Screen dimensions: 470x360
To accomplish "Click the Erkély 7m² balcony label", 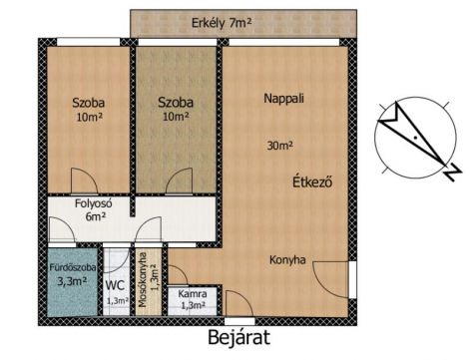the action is click(222, 23).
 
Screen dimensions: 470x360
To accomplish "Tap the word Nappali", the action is click(283, 99).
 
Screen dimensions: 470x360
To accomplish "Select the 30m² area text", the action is click(279, 146).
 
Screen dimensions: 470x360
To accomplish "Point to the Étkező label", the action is click(312, 181).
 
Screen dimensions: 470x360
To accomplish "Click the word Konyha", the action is click(287, 259).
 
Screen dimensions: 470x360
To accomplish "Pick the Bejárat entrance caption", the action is click(238, 337).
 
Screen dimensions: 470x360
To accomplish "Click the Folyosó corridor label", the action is click(93, 203).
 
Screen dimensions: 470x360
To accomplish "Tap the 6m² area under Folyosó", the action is click(96, 216).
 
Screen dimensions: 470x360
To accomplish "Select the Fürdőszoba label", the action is click(73, 267).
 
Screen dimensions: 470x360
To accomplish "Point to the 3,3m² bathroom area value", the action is click(72, 281).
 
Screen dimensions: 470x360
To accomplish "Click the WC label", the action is click(115, 285).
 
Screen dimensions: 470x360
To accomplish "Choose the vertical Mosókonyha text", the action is click(143, 280).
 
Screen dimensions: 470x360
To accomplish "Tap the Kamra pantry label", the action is click(193, 294).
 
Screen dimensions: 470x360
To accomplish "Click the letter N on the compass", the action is click(453, 173).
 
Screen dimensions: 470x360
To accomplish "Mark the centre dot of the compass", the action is click(415, 138).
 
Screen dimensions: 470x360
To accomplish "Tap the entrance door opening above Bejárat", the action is click(239, 321).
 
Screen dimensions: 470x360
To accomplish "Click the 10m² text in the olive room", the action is click(176, 117).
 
